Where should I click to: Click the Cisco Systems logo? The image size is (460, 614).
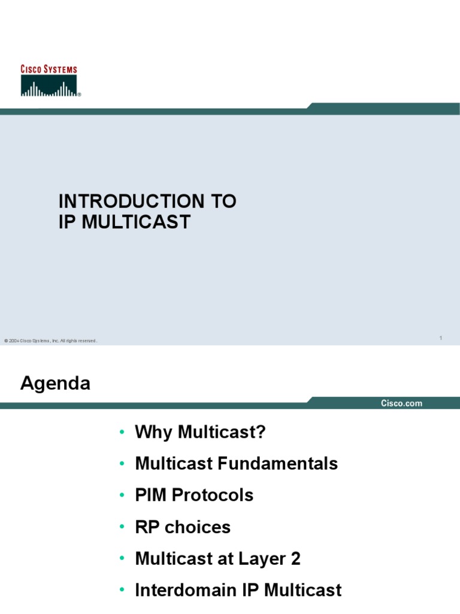50,82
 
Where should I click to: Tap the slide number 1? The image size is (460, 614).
440,339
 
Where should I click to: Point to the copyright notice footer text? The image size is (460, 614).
50,341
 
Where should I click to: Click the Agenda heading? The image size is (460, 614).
55,383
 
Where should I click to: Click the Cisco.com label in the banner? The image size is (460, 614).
401,404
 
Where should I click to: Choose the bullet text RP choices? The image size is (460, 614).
183,527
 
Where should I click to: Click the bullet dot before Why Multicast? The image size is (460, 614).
122,432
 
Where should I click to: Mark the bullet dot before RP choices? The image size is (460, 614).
122,528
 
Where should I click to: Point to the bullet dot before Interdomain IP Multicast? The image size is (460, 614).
122,591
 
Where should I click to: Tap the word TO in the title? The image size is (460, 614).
222,201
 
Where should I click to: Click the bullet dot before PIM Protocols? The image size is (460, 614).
122,496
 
